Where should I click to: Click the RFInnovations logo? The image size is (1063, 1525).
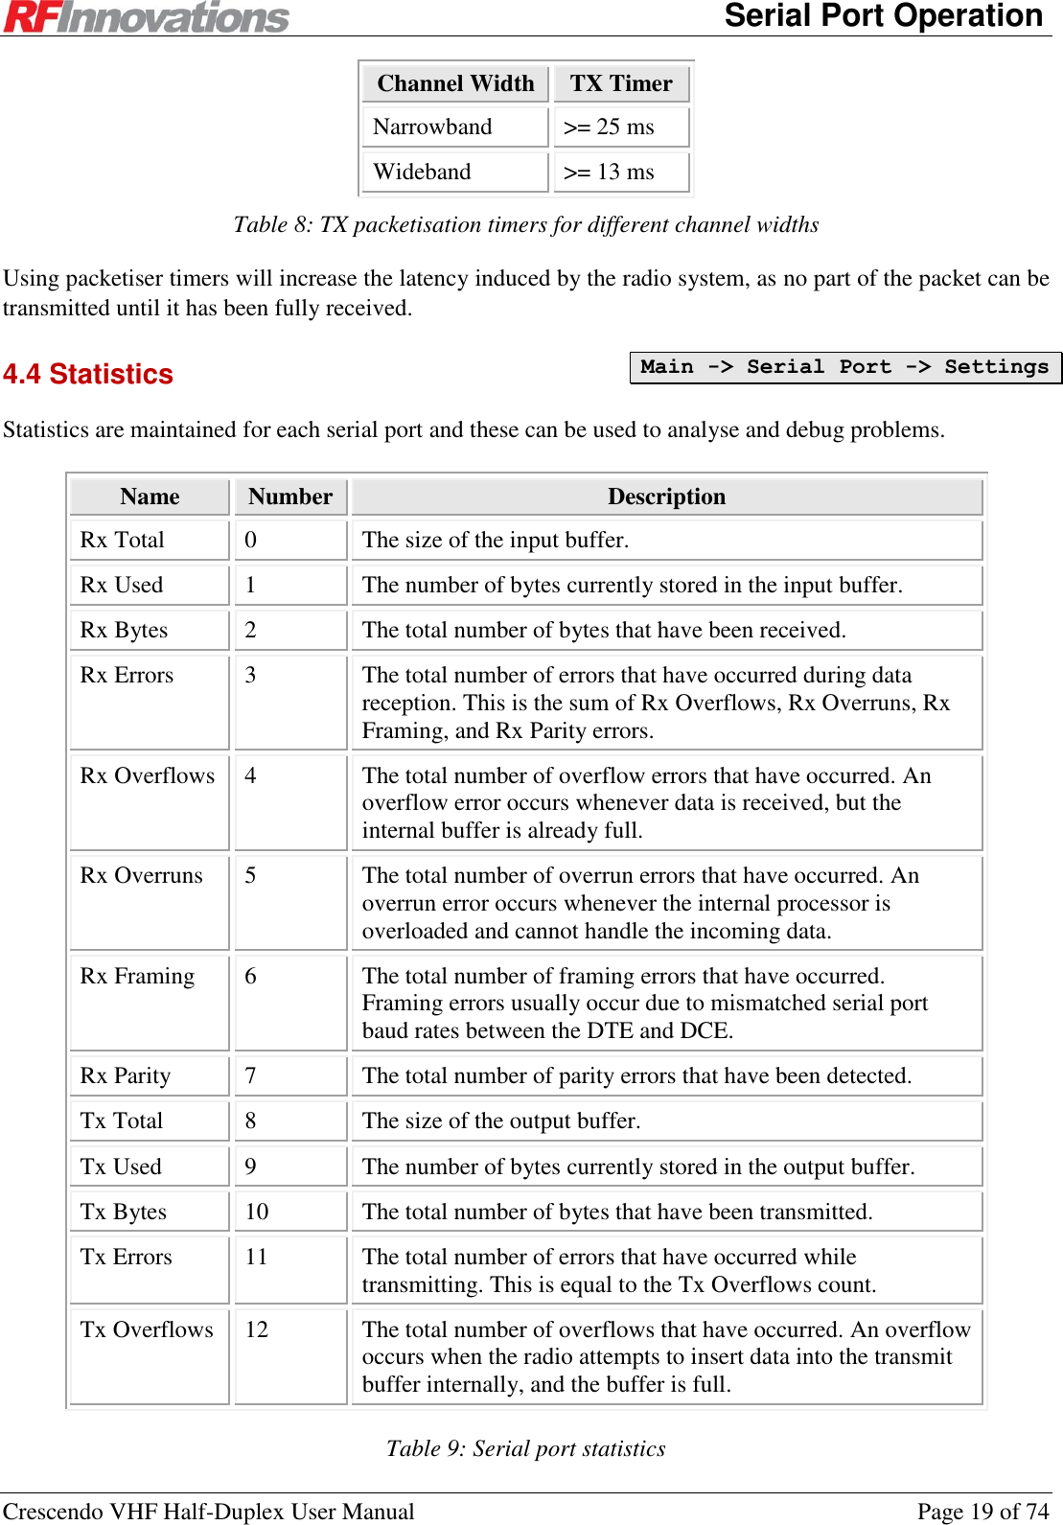[146, 17]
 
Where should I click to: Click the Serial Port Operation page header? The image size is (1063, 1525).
[883, 16]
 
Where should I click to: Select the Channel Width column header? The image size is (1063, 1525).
[455, 83]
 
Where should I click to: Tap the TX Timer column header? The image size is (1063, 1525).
[621, 83]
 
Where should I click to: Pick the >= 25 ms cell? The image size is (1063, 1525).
[610, 127]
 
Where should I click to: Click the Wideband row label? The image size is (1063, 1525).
[423, 172]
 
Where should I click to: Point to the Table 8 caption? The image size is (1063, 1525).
[525, 224]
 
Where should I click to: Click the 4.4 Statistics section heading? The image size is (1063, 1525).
[88, 374]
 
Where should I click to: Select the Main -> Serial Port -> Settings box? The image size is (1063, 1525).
[844, 367]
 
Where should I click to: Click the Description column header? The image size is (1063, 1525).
[666, 497]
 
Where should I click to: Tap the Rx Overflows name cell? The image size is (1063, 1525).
[148, 775]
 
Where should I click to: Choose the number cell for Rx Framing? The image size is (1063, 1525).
[251, 976]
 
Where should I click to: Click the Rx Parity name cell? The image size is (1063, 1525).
[126, 1075]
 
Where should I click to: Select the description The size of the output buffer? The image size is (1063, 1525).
[501, 1121]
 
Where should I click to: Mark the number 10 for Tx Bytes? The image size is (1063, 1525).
[257, 1212]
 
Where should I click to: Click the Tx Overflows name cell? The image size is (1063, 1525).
[147, 1329]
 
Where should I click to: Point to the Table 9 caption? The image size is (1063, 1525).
[525, 1448]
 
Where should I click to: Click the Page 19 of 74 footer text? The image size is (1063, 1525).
[982, 1512]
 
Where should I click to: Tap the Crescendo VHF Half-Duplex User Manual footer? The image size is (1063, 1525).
[209, 1512]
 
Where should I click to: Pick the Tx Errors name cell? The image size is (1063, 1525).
[127, 1257]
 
